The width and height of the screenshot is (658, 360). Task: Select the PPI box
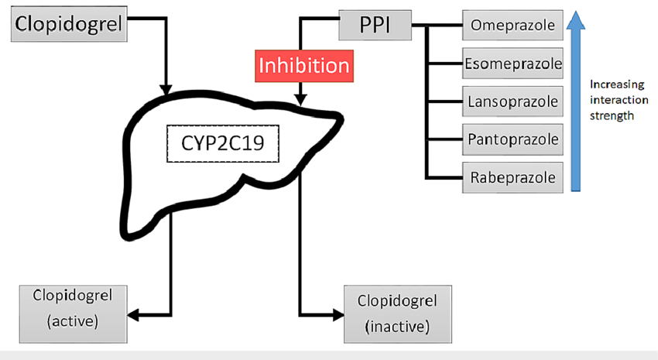[375, 26]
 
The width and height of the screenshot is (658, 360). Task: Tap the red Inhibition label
[303, 64]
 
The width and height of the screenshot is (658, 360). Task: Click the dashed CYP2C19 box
[222, 143]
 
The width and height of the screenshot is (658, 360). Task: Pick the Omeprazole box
[512, 26]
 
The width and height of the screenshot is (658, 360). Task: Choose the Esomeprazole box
[512, 63]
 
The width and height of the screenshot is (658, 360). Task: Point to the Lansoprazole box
[512, 101]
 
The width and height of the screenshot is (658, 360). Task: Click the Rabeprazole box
[512, 177]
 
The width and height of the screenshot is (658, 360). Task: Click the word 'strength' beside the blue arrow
[612, 116]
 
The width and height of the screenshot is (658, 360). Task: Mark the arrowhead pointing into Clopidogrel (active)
[133, 314]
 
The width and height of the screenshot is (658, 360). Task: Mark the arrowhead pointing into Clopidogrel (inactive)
[339, 314]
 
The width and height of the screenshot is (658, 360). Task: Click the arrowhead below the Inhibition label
[300, 99]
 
